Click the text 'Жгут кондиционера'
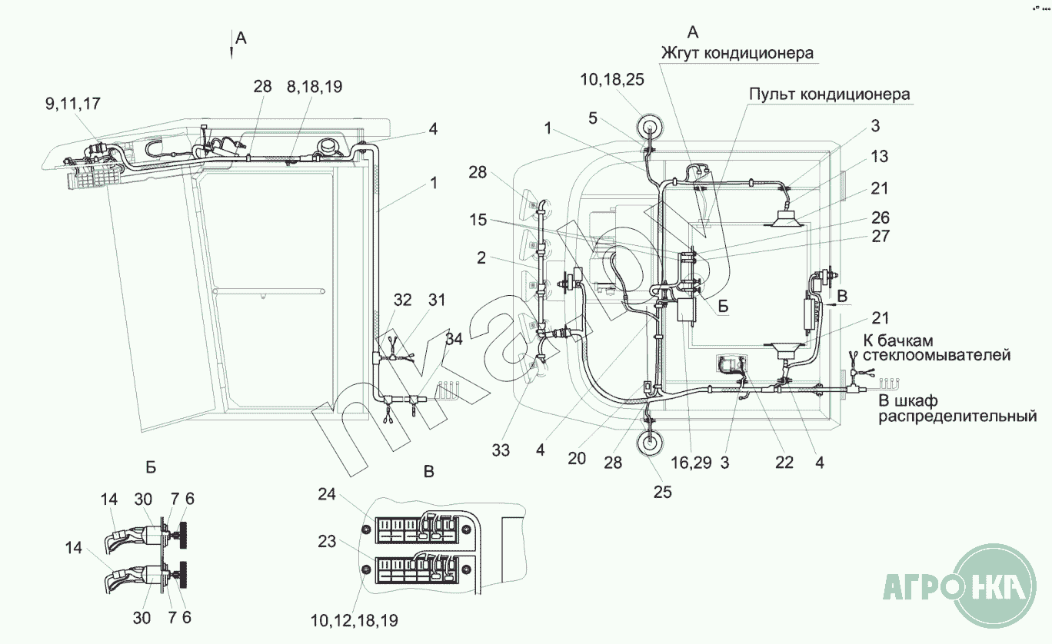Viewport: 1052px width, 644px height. click(737, 53)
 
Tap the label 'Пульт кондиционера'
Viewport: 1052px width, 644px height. click(830, 95)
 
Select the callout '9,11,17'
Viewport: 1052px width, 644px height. click(73, 104)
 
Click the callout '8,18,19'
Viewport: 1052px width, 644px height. click(315, 87)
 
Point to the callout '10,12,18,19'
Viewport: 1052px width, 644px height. click(354, 620)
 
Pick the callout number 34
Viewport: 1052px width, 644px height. click(454, 339)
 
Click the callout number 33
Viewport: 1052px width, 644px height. click(501, 450)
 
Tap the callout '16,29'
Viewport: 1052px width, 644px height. click(691, 463)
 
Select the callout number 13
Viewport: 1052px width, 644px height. click(879, 156)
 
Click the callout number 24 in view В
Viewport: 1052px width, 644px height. click(327, 494)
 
